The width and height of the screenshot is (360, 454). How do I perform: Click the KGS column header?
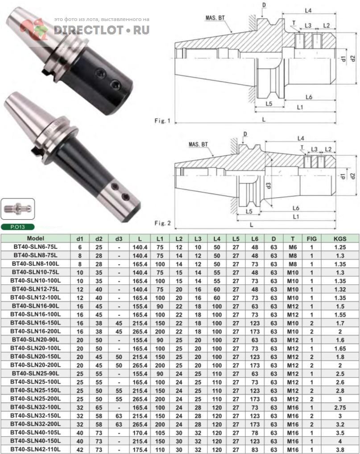click(340, 238)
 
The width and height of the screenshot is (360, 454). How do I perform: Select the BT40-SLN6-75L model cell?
click(36, 247)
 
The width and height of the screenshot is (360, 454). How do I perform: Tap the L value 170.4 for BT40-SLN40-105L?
click(140, 433)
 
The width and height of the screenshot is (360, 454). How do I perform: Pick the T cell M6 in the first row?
click(293, 247)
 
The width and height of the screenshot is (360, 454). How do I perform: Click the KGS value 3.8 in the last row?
click(340, 450)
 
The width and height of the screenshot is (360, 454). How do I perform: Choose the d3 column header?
click(119, 239)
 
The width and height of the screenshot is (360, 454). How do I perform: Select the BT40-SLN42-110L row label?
click(36, 449)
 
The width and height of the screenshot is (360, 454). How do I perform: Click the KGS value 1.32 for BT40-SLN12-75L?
click(340, 289)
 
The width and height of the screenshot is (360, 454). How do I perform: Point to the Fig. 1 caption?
click(162, 121)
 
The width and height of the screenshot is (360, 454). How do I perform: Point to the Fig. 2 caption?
click(162, 223)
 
